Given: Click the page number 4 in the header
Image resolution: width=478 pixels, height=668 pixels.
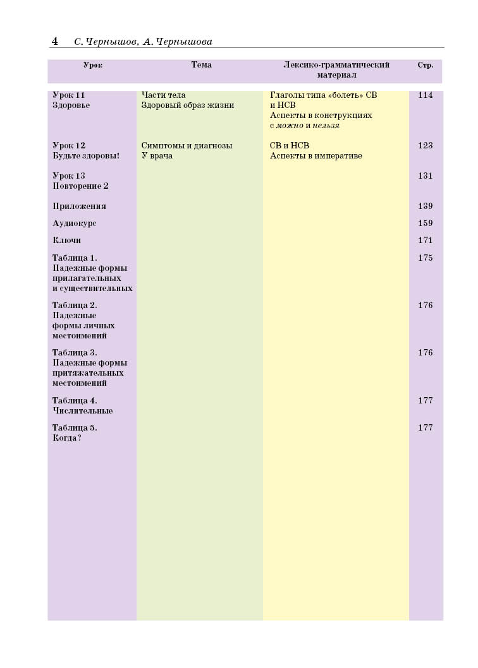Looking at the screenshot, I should click(55, 42).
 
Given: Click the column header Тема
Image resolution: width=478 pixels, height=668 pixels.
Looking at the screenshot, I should click(202, 65).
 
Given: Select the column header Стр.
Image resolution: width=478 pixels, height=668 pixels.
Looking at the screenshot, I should click(426, 65).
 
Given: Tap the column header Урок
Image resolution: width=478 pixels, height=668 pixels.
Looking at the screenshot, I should click(93, 65).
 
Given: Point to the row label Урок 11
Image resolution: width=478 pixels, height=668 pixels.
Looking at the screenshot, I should click(68, 95).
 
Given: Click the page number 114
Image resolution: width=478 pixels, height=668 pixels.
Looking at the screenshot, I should click(426, 95).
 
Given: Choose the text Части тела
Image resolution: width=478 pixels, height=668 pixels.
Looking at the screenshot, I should click(163, 95).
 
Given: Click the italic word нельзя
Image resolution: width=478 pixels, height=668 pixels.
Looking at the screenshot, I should click(326, 126).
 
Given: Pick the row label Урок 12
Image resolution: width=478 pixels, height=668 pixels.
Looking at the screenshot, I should click(69, 146).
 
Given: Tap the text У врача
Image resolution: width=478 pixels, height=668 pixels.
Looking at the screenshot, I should click(157, 156).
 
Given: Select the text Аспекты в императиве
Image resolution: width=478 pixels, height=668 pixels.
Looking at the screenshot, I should click(316, 156).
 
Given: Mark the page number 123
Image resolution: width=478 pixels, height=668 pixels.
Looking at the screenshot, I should click(426, 146).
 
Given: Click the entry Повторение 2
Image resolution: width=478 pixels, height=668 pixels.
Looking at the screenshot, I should click(81, 186).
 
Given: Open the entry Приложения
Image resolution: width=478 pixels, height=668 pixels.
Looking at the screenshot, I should click(79, 206).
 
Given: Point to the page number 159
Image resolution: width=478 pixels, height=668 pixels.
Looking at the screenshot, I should click(426, 224).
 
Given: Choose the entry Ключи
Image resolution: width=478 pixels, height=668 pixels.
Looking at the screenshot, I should click(66, 241).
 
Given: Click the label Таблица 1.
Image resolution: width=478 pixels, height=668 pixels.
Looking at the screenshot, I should click(75, 258).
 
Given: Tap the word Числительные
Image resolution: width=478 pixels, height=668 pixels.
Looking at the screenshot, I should click(83, 411).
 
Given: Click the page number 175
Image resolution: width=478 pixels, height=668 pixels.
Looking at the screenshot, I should click(426, 258).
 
